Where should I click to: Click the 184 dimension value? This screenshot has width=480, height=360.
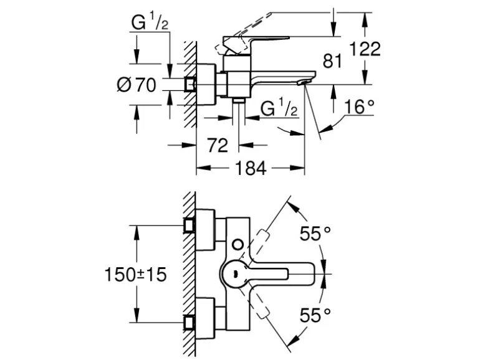click(252, 169)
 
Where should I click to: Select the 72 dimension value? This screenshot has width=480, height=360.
click(218, 146)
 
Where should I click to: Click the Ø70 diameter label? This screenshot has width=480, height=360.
click(137, 85)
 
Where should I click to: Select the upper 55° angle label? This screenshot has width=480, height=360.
click(315, 234)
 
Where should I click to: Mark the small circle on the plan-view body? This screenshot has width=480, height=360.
click(239, 242)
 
